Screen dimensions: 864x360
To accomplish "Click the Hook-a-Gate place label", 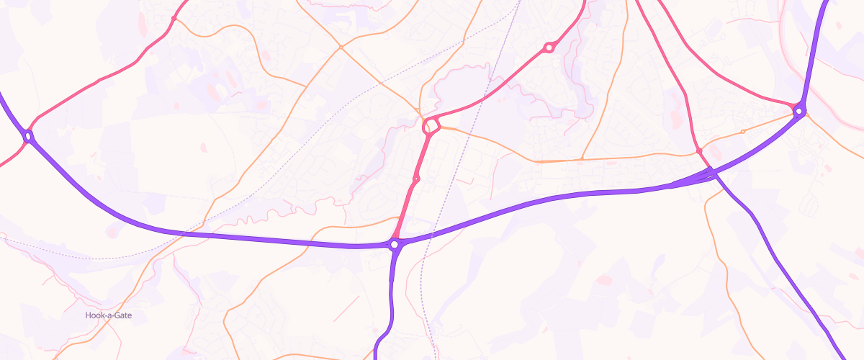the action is pyautogui.click(x=109, y=315).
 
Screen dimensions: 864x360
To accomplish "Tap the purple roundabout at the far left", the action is pyautogui.click(x=29, y=135).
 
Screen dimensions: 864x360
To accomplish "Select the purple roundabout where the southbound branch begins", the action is pyautogui.click(x=395, y=245).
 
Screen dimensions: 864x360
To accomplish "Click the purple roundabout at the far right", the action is pyautogui.click(x=798, y=111).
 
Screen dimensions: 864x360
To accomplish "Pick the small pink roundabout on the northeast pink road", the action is pyautogui.click(x=549, y=48).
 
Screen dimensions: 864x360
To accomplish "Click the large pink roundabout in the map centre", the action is pyautogui.click(x=431, y=127).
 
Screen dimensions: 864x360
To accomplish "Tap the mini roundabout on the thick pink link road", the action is pyautogui.click(x=416, y=179).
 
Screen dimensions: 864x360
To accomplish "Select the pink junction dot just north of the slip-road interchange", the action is pyautogui.click(x=698, y=150).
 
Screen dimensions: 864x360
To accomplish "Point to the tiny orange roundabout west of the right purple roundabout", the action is pyautogui.click(x=742, y=131).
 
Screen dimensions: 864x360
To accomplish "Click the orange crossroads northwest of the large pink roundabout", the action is pyautogui.click(x=341, y=48).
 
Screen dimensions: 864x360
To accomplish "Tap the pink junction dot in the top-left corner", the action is pyautogui.click(x=174, y=18).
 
